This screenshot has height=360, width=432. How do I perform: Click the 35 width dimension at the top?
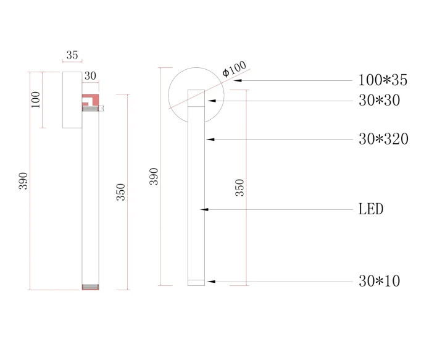pos(72,55)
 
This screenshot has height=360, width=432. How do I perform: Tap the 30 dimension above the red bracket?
pos(90,76)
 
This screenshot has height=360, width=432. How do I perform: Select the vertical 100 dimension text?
pos(35,99)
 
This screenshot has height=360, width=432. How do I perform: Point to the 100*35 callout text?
pos(383,80)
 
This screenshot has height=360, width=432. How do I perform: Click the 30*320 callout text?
pos(383,139)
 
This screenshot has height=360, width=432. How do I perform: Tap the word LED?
pos(371,209)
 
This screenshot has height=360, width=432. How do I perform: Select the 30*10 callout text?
pos(379,282)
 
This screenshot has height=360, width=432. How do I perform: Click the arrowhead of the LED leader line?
pos(205,210)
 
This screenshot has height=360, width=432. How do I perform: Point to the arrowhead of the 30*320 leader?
pos(209,140)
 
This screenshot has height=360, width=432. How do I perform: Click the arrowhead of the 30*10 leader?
pos(210,282)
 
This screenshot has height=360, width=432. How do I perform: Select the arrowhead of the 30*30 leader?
pos(210,100)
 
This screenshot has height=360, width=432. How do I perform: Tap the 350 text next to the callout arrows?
pos(240,187)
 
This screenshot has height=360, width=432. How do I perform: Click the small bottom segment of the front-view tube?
pos(196,283)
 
